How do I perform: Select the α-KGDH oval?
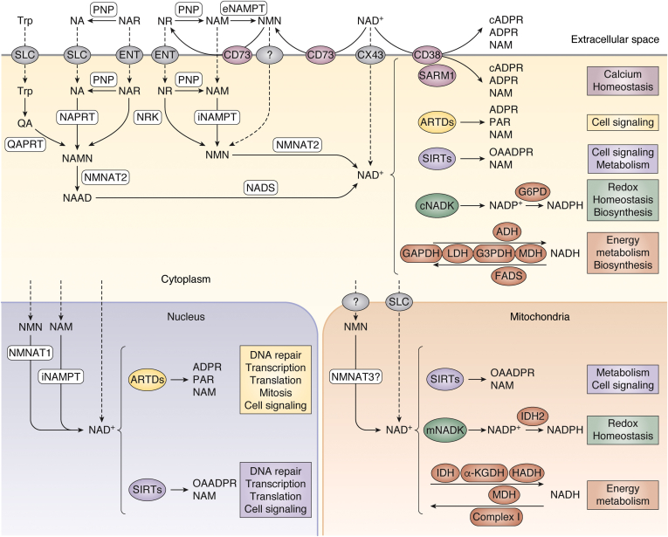point(486,472)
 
